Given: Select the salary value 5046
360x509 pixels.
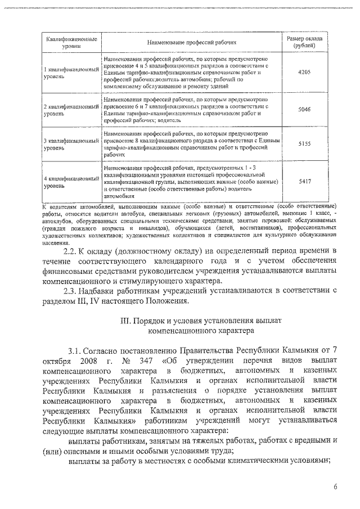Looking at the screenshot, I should tap(304, 110).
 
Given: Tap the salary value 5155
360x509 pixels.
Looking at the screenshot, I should tap(304, 143).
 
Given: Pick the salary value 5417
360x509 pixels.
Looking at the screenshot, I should tap(304, 181).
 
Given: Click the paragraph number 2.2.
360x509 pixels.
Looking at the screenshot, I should tap(74, 250).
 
